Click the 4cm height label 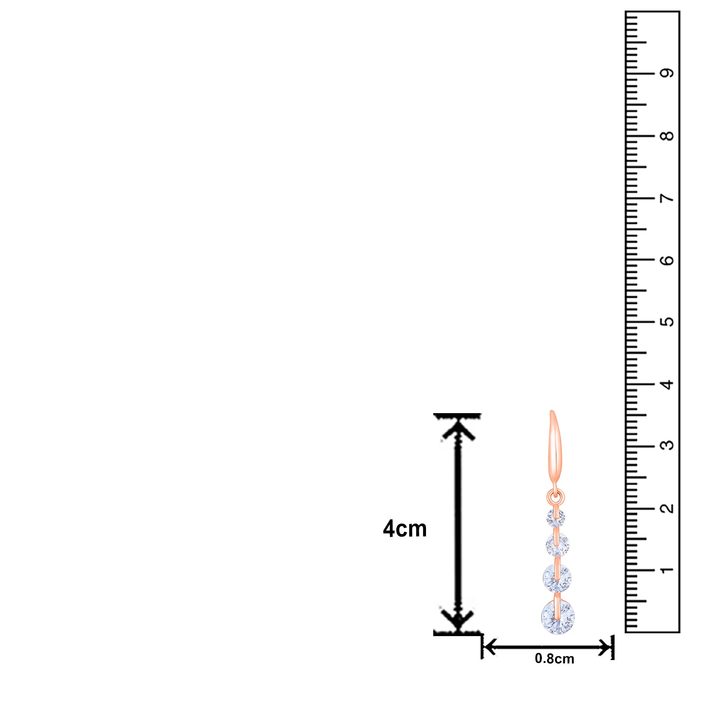coord(404,529)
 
